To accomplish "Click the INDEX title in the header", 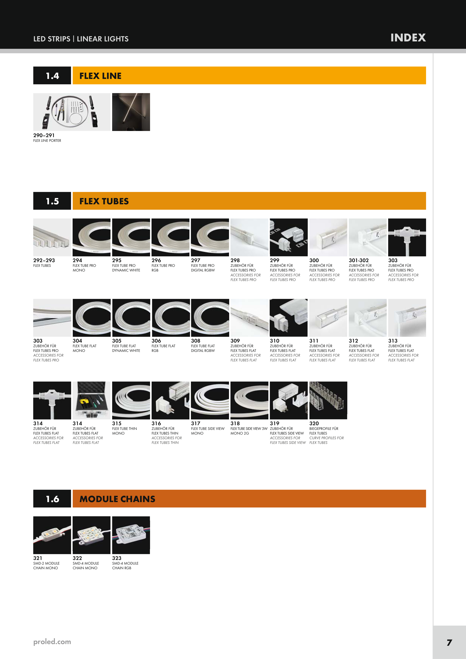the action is click(408, 38).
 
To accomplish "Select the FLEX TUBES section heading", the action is click(104, 201).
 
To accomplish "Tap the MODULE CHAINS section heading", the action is click(117, 499).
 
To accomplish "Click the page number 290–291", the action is click(44, 135).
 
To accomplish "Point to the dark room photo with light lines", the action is click(131, 112).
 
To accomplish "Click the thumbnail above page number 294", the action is click(92, 237).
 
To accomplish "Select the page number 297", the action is click(196, 260).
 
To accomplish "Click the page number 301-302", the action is click(359, 260).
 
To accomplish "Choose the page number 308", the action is click(196, 341).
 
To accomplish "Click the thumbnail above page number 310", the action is click(289, 318).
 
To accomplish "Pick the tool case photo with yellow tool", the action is click(92, 400).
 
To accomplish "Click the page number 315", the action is click(117, 423).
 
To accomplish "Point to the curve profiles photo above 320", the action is click(328, 400).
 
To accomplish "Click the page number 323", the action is click(117, 558).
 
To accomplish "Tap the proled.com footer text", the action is click(52, 642).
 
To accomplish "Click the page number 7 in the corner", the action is click(449, 642).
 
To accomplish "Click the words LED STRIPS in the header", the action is click(52, 39).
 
